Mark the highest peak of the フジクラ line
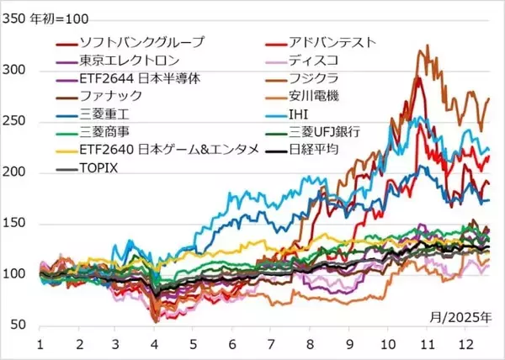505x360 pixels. tap(428, 45)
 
